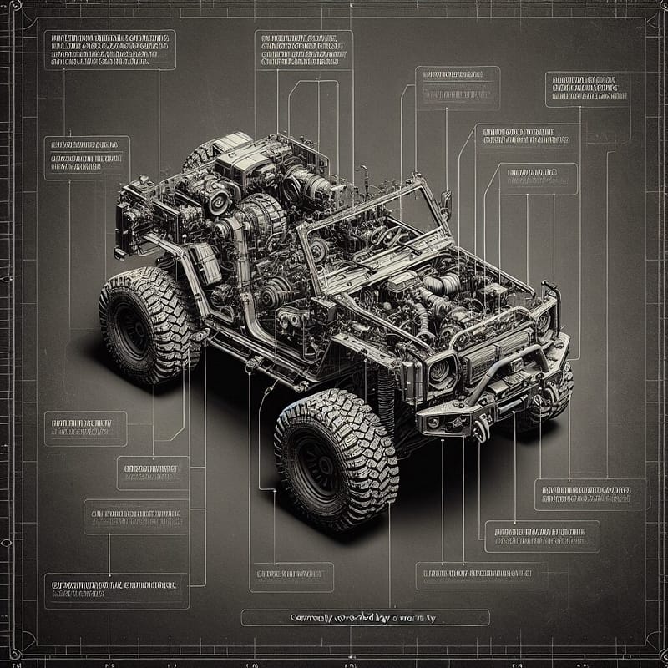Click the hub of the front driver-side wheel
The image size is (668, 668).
pyautogui.click(x=321, y=458)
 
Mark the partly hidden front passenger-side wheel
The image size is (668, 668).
pyautogui.click(x=551, y=397)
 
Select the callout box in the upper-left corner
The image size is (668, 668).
pyautogui.click(x=108, y=50)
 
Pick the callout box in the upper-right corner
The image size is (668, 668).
pyautogui.click(x=587, y=89)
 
